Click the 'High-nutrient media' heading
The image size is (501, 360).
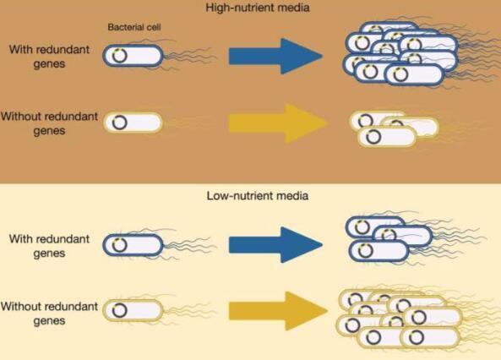coord(258,8)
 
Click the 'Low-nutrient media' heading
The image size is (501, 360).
coord(258,196)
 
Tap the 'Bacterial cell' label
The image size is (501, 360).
coord(134,27)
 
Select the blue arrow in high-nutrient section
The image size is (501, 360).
coord(275,57)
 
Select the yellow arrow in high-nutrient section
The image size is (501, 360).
coord(278,123)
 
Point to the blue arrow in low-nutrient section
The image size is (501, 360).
coord(275,245)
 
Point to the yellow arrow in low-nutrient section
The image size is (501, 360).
coord(278,311)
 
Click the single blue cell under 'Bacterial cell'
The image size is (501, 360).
coord(133,56)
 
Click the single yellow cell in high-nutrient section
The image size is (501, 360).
coord(133,123)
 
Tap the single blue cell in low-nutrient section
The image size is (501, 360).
coord(133,245)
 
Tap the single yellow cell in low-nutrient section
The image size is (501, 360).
coord(133,310)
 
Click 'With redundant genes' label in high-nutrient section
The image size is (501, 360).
coord(49,57)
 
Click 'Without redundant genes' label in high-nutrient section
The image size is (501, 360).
coord(49,123)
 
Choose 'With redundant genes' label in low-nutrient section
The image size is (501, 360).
coord(49,246)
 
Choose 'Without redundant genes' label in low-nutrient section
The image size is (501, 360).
coord(49,314)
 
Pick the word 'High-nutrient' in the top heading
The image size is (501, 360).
coord(236,8)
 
